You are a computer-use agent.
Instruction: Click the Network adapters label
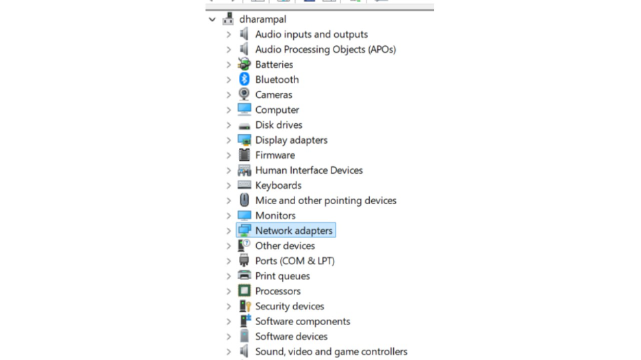click(294, 231)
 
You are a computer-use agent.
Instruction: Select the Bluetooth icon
click(244, 79)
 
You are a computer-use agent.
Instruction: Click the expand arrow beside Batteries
click(229, 64)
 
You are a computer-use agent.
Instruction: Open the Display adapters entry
click(291, 140)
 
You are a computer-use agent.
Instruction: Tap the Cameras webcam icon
click(244, 94)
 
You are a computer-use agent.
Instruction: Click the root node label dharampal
click(263, 19)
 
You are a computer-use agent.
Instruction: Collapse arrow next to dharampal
click(212, 19)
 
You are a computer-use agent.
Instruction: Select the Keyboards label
click(278, 185)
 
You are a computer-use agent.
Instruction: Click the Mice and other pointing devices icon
click(244, 201)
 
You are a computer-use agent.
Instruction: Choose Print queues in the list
click(282, 276)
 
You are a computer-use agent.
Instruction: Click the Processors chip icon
click(244, 291)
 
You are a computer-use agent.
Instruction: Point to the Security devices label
click(290, 306)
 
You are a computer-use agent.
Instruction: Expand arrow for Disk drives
click(229, 125)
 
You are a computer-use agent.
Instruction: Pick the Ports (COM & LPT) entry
click(294, 261)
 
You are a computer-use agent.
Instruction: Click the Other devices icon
click(244, 246)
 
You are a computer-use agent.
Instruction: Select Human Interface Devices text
click(309, 170)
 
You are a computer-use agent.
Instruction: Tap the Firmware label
click(275, 155)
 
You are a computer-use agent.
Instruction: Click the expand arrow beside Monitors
click(229, 216)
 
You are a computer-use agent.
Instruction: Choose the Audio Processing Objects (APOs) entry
click(325, 49)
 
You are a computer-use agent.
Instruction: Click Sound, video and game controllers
click(331, 352)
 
